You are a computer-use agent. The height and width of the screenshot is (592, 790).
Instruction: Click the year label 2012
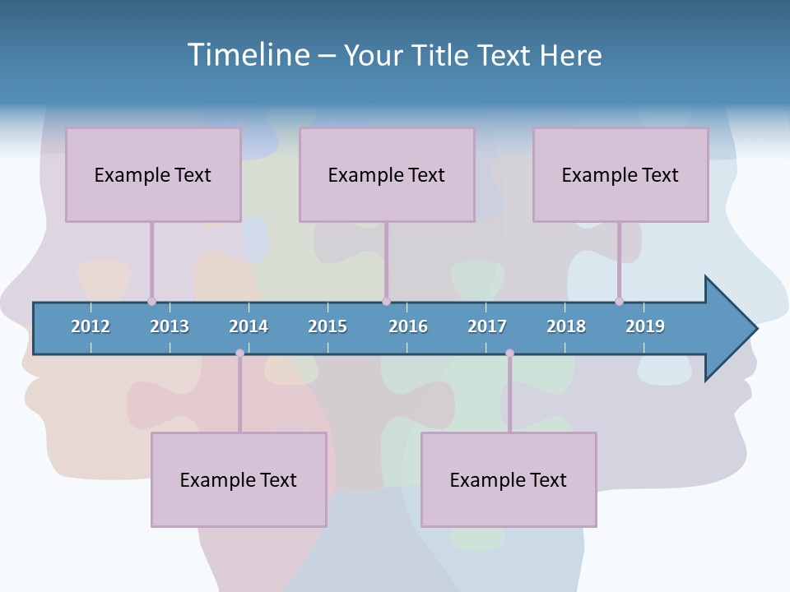click(91, 326)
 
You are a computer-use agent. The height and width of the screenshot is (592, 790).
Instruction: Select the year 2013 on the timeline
click(170, 326)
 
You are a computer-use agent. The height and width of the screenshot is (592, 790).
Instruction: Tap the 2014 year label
click(249, 326)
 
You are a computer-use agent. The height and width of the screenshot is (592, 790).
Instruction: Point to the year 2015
click(328, 326)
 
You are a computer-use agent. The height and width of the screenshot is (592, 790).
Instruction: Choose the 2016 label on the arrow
click(408, 326)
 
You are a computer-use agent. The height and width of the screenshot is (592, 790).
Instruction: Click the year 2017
click(487, 326)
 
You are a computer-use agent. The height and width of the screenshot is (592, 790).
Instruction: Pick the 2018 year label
click(566, 326)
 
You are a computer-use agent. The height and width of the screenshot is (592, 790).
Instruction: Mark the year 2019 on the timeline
click(645, 326)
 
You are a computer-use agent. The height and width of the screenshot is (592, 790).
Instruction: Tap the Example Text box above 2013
click(153, 174)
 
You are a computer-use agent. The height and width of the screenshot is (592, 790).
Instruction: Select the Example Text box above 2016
click(387, 174)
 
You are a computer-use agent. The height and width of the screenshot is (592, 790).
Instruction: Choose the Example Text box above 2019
click(620, 174)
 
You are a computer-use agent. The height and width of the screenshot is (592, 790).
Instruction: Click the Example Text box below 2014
click(239, 479)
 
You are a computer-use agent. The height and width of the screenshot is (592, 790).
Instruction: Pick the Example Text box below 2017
click(509, 479)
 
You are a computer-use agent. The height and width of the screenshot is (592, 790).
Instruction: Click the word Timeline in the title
click(247, 55)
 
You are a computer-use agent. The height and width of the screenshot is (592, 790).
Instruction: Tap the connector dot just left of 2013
click(151, 301)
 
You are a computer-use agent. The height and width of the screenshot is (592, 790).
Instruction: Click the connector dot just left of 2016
click(386, 301)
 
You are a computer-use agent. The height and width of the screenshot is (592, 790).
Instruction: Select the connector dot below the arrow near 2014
click(239, 354)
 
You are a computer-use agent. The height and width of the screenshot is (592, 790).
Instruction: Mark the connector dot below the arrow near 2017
click(509, 354)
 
